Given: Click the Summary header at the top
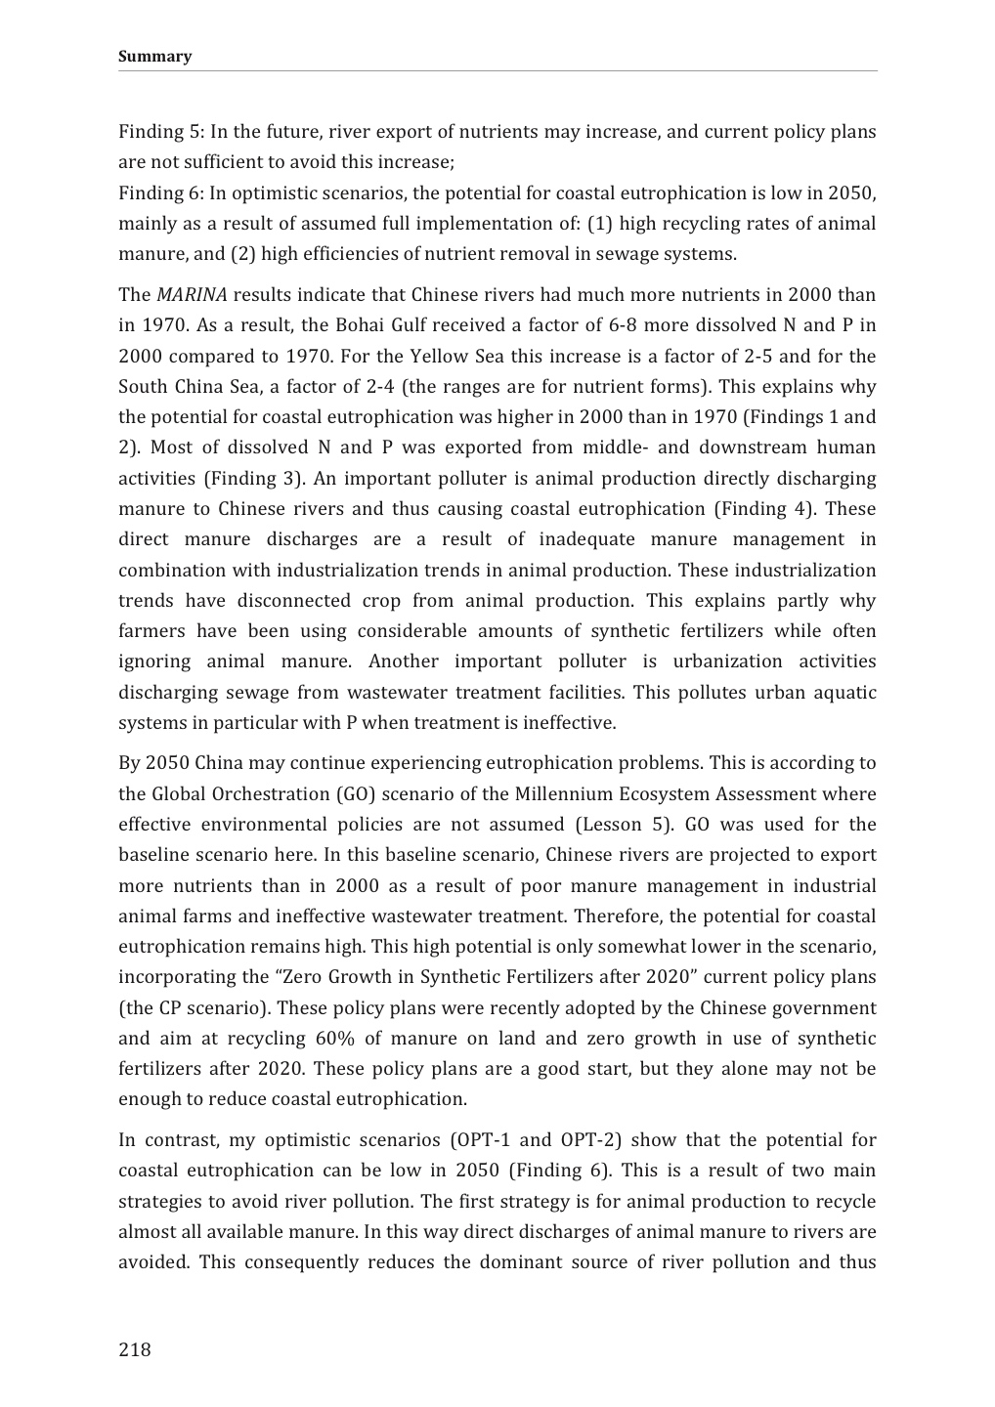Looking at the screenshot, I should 154,56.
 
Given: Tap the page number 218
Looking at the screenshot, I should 135,1350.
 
